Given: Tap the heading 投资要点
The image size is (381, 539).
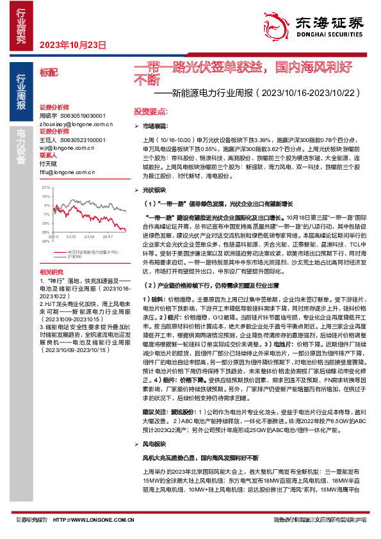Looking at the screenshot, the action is pos(150,111).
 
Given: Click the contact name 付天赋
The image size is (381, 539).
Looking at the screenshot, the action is pos(49,163).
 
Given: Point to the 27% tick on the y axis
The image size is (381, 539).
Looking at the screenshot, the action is pos(46,188).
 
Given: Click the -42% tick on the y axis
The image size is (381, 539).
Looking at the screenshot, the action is pos(45,241).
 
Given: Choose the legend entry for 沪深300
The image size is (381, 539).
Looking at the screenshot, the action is pos(75,256).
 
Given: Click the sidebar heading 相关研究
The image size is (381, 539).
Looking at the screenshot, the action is pos(51,272).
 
